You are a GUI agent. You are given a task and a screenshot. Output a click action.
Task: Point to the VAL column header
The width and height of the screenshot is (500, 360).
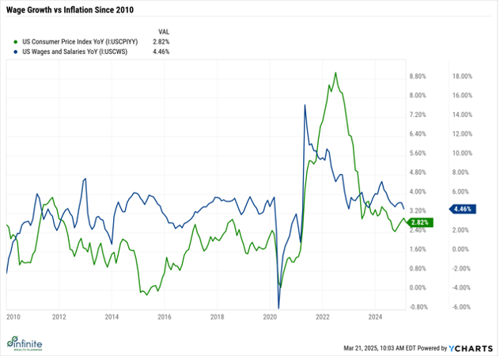164,28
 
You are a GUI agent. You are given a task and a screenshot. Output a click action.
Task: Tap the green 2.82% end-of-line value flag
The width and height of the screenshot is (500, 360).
420,223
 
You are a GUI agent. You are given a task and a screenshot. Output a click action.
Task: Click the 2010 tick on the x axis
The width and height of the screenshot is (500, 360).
13,316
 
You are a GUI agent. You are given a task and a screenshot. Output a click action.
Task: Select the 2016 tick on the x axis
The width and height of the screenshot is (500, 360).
164,316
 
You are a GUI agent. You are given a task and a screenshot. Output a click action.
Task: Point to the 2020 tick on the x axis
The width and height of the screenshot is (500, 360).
270,316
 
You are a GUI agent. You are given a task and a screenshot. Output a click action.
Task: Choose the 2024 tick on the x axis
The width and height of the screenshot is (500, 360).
376,316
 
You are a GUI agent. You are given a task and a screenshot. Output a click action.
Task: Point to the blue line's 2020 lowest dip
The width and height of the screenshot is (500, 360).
278,307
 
